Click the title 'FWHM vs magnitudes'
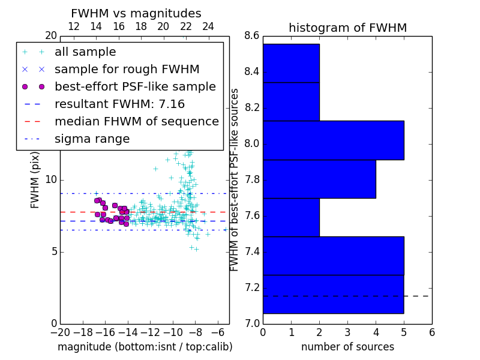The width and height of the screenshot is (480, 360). pos(136,13)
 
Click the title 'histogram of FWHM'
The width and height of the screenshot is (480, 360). pos(347,28)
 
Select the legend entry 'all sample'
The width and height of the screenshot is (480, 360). pos(85,52)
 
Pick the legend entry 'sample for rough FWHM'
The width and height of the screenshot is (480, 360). pos(127,69)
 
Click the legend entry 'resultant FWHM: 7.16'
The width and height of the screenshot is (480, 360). pos(119,104)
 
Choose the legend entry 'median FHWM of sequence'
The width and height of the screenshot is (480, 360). pos(136,121)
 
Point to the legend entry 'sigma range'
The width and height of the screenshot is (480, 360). pos(92,139)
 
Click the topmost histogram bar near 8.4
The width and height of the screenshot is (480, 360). pos(291,63)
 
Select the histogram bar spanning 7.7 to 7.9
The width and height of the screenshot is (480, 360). pos(319,179)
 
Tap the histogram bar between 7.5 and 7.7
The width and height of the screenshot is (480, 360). pos(291,217)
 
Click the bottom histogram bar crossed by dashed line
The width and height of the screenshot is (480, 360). pos(333,294)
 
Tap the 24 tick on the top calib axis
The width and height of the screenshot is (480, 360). pos(208,26)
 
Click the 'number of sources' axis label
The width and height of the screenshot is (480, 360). pos(347,347)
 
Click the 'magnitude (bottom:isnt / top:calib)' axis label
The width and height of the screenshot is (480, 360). pos(145,347)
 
